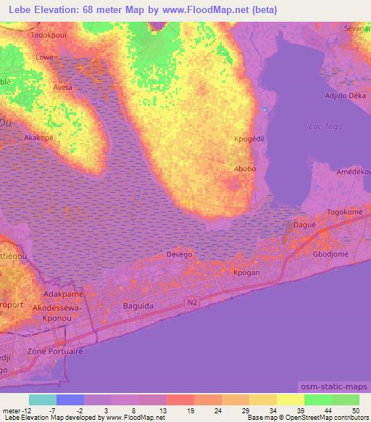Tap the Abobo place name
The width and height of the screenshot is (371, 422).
click(244, 169)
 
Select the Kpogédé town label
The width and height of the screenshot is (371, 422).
click(246, 137)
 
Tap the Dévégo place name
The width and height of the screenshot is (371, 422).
click(179, 255)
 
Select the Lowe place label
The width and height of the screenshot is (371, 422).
click(45, 56)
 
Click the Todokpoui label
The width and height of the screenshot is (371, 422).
click(49, 34)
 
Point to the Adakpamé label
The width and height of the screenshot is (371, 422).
click(64, 294)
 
